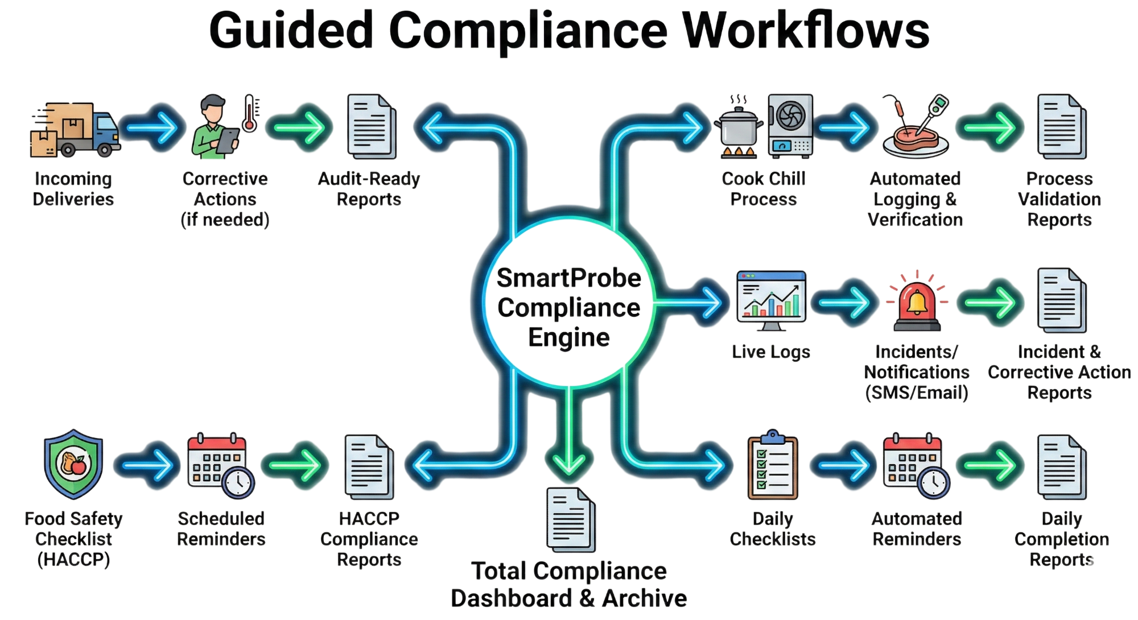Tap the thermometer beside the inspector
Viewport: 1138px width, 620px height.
[249, 114]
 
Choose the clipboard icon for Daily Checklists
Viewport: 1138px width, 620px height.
[773, 465]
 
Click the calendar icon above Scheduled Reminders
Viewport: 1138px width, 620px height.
[221, 465]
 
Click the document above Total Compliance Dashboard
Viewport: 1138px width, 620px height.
[571, 519]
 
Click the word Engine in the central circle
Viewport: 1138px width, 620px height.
[569, 338]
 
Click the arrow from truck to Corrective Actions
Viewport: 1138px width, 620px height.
[152, 127]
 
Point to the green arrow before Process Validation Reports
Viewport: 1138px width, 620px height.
[990, 127]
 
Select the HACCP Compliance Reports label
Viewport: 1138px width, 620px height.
[369, 539]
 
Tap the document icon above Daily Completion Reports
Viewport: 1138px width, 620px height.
[1062, 468]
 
